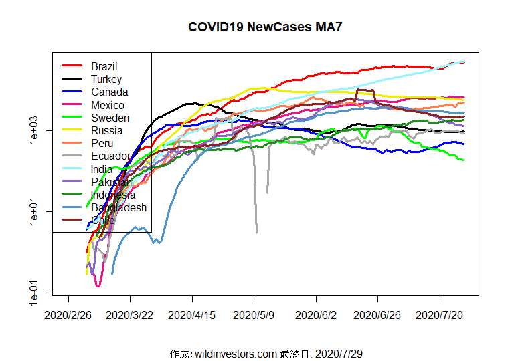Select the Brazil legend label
tap(104, 66)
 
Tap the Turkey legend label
tap(106, 79)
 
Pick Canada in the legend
tap(109, 92)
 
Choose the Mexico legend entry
tap(108, 105)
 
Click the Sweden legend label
tap(110, 118)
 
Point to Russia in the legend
tap(106, 130)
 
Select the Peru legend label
tap(102, 143)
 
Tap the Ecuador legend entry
tap(110, 156)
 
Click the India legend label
tap(102, 169)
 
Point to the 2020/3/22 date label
tap(131, 314)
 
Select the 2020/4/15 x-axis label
tap(192, 314)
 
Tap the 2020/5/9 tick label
tap(254, 314)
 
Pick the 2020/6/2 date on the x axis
tap(316, 314)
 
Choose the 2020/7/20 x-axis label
tap(439, 314)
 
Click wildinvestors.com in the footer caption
tap(235, 353)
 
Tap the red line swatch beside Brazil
tap(72, 66)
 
